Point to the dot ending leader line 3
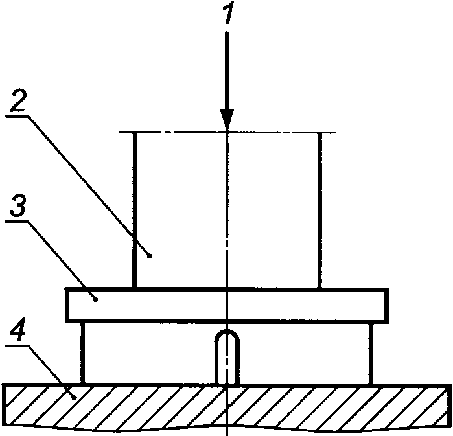pyautogui.click(x=95, y=299)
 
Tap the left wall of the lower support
pyautogui.click(x=84, y=352)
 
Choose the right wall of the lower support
pyautogui.click(x=372, y=352)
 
